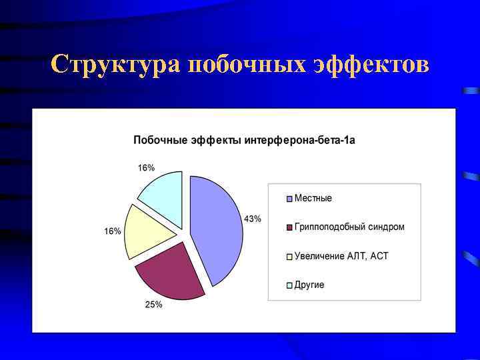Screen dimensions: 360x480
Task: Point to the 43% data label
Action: (x=253, y=219)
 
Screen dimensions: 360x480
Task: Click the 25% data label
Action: (x=154, y=305)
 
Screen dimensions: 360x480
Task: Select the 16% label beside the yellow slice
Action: (x=112, y=231)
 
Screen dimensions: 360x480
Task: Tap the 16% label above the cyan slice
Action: (x=146, y=168)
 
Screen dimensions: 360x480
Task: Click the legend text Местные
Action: (x=313, y=198)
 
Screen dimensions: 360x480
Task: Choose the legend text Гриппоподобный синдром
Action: (x=349, y=227)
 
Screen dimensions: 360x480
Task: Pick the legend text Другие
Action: (x=309, y=285)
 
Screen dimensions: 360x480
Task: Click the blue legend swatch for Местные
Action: (x=289, y=199)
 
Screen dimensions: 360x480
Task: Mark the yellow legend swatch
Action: (x=289, y=257)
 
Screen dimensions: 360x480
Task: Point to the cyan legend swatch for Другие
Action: (x=289, y=285)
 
